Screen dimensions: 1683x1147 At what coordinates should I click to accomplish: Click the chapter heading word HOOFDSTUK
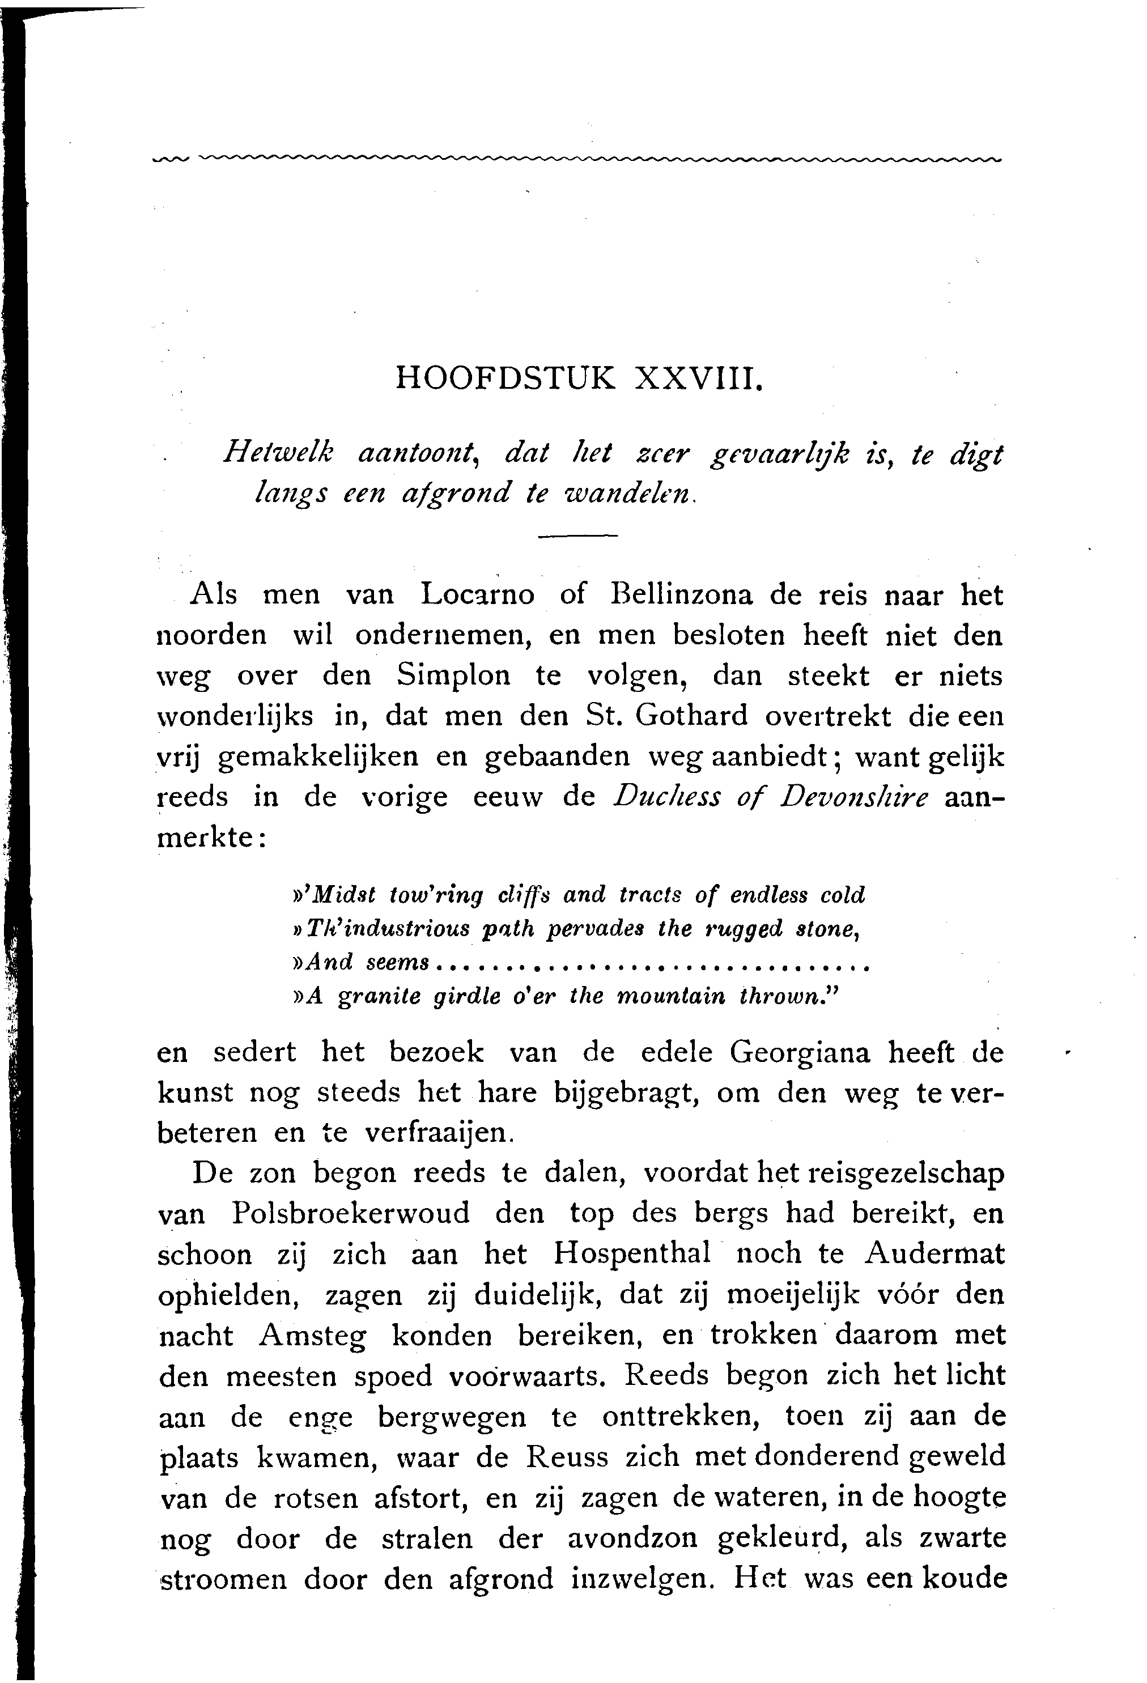click(505, 379)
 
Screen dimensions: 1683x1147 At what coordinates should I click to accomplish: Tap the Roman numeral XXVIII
click(698, 379)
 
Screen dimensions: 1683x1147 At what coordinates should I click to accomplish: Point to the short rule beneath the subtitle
click(577, 536)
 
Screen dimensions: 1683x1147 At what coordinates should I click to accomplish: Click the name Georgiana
click(800, 1052)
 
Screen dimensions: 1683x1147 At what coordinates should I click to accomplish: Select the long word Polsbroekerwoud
click(351, 1213)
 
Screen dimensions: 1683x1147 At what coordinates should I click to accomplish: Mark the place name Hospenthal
click(631, 1253)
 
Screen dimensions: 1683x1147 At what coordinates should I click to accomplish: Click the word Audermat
click(934, 1253)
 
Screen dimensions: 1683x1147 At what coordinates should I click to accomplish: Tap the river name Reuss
click(567, 1456)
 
